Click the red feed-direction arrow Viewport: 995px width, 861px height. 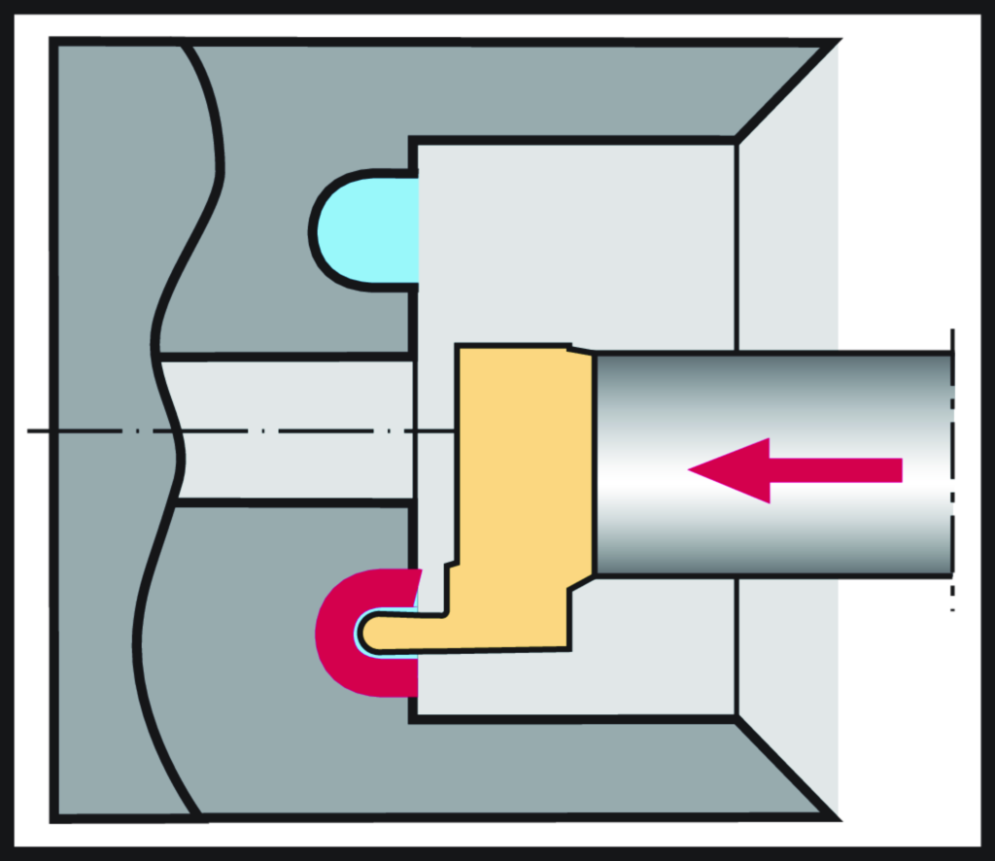(797, 470)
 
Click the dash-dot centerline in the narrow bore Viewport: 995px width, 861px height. (292, 430)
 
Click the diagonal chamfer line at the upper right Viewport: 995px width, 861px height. (787, 90)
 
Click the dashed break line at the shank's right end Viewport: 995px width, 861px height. (953, 466)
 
